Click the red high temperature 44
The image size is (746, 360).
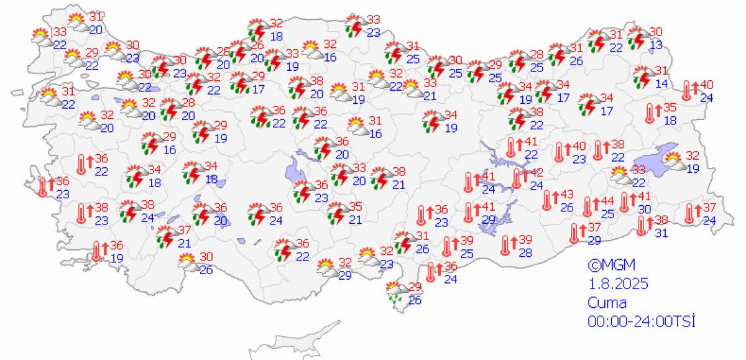(607, 201)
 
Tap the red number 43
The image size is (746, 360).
(566, 195)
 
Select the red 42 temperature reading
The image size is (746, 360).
(536, 172)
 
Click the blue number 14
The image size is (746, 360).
(661, 83)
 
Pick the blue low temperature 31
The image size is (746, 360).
(661, 233)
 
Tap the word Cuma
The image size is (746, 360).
(607, 303)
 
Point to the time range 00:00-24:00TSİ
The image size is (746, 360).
(641, 321)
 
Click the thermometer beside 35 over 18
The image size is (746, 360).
(650, 113)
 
